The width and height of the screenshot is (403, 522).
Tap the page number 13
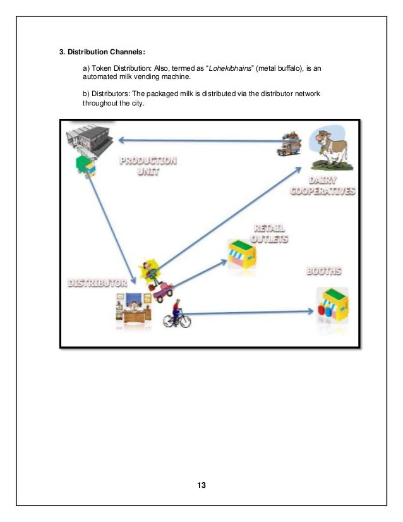click(x=201, y=485)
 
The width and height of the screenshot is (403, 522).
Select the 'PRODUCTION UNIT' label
click(x=148, y=166)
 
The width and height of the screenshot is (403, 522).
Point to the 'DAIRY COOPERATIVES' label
click(x=323, y=186)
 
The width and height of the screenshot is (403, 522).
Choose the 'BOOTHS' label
click(x=324, y=272)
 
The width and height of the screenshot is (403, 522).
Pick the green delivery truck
click(x=85, y=166)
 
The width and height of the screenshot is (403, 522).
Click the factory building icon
click(x=89, y=140)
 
